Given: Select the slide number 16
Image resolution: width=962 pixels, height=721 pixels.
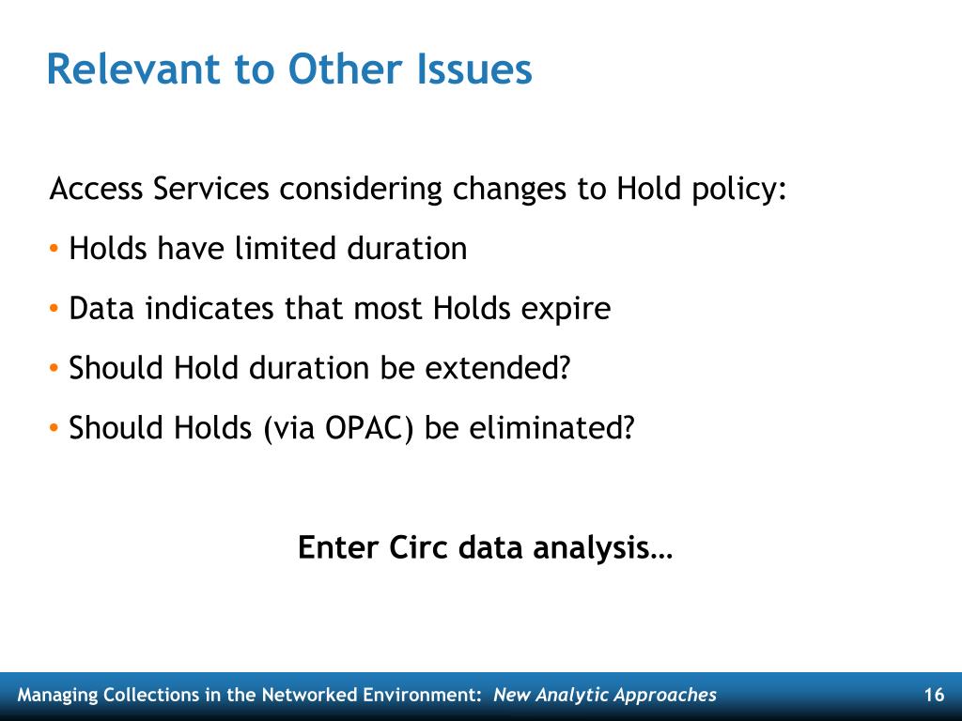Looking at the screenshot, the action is coord(934,695).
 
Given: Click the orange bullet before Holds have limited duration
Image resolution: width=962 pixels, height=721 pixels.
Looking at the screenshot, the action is coord(54,249).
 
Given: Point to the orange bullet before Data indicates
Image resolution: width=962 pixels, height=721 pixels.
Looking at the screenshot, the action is coord(54,308).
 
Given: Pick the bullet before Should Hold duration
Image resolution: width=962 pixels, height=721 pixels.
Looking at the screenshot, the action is coord(54,368).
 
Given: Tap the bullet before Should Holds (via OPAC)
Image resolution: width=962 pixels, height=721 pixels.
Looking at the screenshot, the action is coord(54,428).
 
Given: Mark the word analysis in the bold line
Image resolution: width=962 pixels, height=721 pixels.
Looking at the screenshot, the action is coord(592,548).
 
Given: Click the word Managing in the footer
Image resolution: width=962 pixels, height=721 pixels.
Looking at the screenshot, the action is coord(57,696).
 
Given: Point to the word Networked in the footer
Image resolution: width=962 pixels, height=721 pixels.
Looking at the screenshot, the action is coord(309,695).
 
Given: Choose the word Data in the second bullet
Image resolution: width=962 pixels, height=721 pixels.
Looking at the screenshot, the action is coord(101,308).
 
